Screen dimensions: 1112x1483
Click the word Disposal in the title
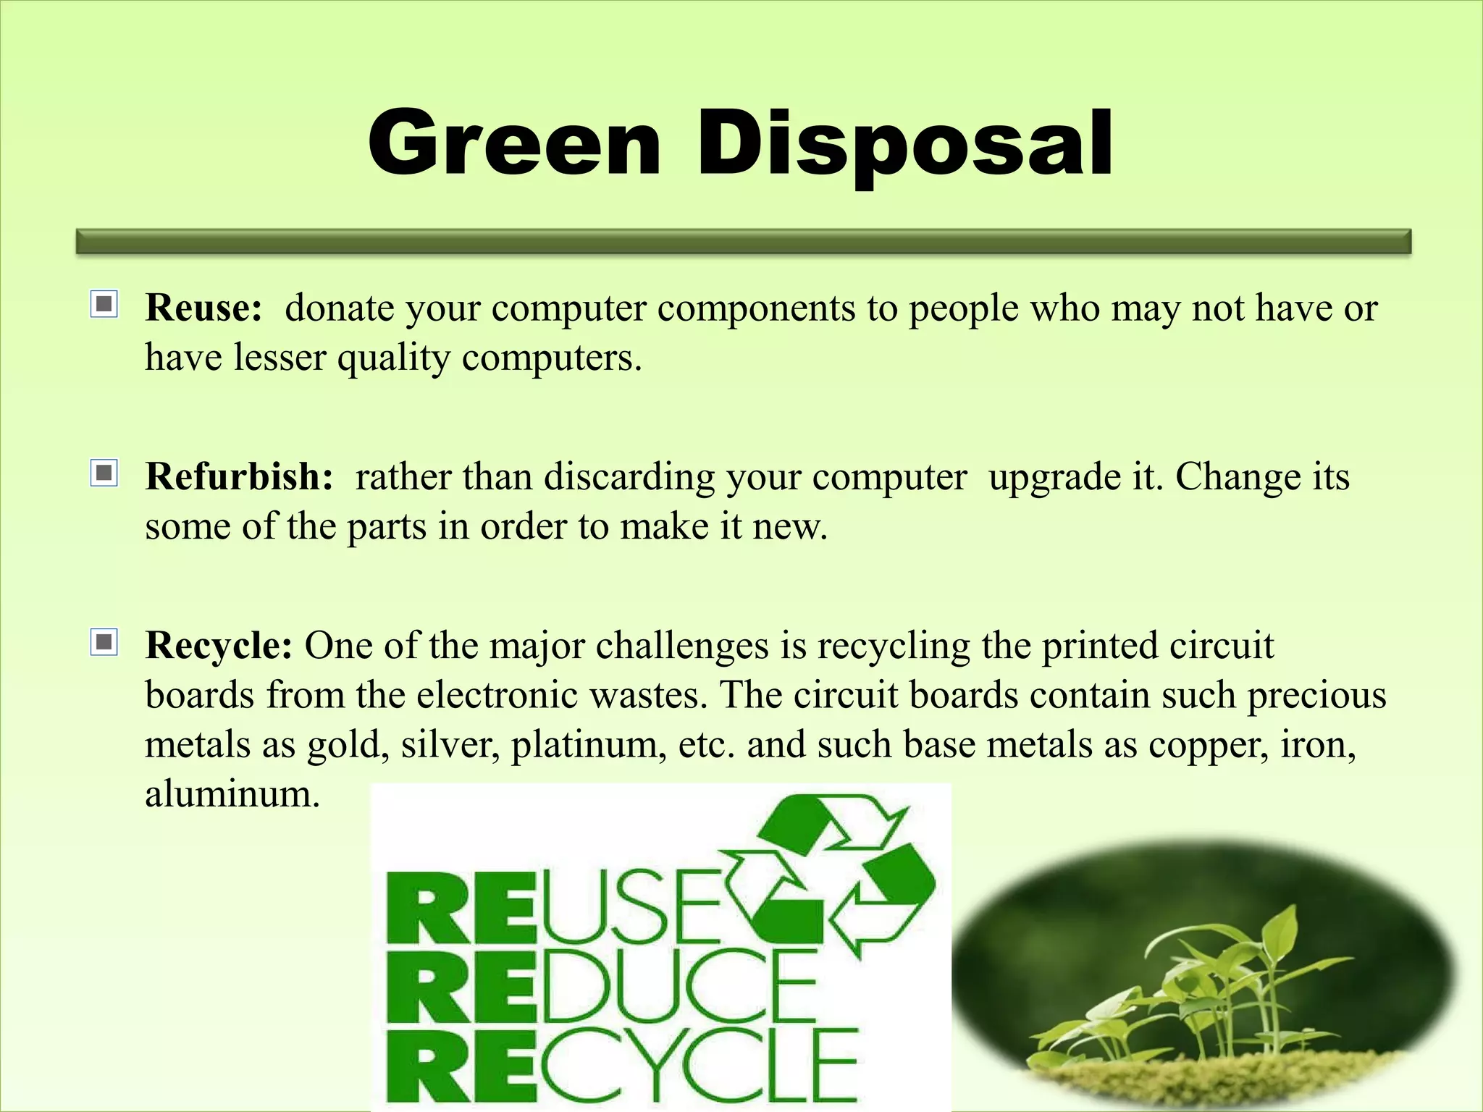click(904, 143)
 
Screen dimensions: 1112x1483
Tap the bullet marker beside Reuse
click(104, 304)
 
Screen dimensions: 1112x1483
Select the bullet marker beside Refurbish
click(104, 473)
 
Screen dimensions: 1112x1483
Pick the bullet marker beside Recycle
click(104, 642)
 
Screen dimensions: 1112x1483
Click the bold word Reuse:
click(203, 308)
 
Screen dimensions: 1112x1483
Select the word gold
click(343, 746)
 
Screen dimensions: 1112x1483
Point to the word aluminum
click(232, 794)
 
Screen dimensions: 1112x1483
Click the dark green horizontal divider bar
click(744, 242)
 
